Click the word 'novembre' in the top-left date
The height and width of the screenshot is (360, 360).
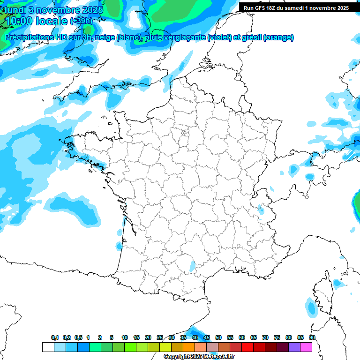click(54, 9)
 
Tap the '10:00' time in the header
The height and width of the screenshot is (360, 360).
click(19, 21)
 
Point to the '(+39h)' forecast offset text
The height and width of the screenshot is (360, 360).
click(81, 21)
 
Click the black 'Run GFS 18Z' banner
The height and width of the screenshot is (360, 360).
click(296, 8)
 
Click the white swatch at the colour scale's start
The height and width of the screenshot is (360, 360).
click(48, 347)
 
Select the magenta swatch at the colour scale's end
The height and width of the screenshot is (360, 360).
click(306, 347)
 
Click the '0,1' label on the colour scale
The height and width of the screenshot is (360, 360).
click(55, 337)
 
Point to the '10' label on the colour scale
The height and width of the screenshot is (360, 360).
click(125, 337)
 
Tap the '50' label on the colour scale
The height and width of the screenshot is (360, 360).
click(218, 337)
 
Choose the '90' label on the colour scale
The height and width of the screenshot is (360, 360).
click(312, 337)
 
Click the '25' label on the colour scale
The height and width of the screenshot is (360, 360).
click(160, 337)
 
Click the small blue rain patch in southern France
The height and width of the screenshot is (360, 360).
click(192, 265)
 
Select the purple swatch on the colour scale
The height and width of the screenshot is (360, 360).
click(294, 347)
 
